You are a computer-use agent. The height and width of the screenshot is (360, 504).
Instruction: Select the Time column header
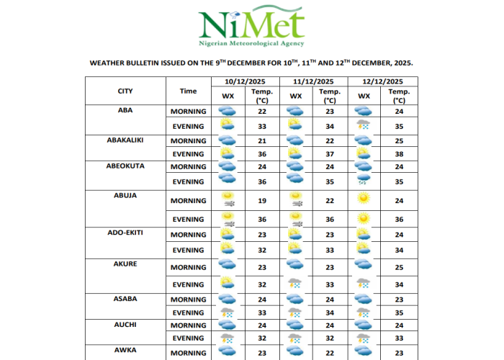tap(189, 91)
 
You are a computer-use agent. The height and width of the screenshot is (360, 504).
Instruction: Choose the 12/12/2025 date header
tap(382, 82)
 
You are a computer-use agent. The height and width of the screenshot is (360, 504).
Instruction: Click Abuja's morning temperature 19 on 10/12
tap(261, 201)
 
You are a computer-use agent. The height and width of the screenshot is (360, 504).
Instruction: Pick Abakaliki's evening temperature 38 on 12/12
tap(399, 154)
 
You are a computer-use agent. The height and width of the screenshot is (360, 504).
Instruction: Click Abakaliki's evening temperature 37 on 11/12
tap(330, 154)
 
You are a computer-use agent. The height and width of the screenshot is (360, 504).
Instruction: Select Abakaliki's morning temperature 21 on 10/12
tap(261, 140)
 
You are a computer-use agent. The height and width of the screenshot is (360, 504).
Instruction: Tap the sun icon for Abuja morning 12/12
tap(364, 198)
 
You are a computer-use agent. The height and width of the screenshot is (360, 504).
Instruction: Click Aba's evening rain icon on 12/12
tap(364, 125)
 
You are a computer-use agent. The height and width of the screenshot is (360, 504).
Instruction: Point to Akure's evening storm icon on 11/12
tap(295, 284)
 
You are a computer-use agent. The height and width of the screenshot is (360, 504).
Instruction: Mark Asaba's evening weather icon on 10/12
tap(228, 312)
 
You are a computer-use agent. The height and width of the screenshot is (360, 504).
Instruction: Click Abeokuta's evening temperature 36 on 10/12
tap(261, 181)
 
